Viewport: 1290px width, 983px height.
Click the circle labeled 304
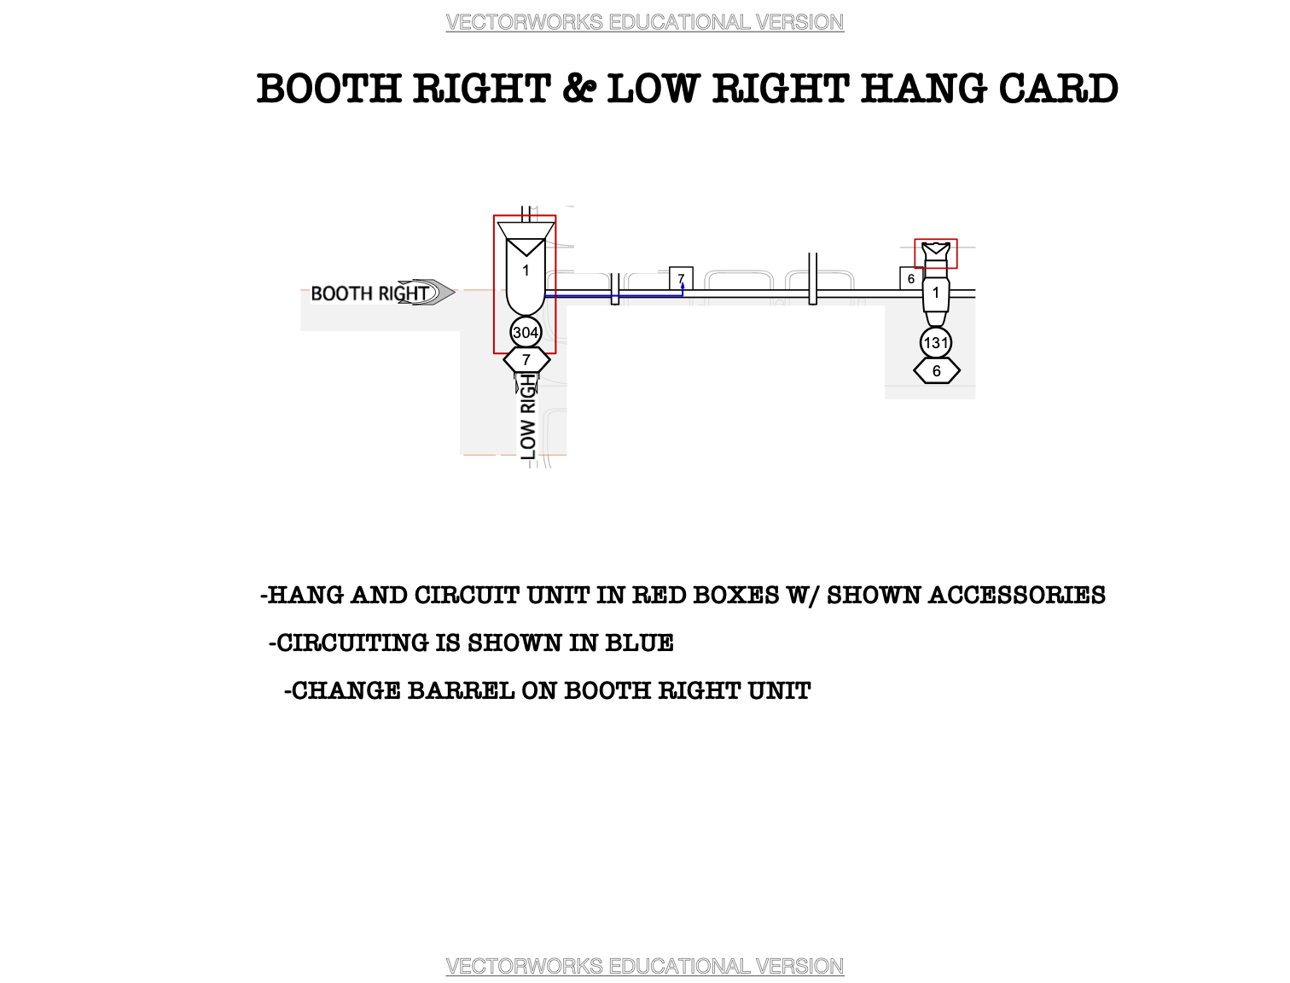(526, 333)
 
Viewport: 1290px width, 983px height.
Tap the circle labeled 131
(936, 343)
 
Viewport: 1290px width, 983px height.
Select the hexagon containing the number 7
(526, 360)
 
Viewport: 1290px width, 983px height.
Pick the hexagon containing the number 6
(937, 371)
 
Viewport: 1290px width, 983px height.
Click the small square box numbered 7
(681, 278)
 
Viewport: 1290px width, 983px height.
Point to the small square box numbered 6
(911, 278)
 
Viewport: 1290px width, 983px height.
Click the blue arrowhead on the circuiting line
(683, 287)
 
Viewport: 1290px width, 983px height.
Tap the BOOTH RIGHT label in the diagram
(369, 294)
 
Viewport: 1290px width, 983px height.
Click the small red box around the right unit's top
(936, 253)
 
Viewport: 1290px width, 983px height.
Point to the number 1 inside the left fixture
(526, 270)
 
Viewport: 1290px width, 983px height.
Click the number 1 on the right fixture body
(936, 293)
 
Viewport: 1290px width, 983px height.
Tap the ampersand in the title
(578, 89)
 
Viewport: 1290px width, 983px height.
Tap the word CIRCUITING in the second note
(353, 643)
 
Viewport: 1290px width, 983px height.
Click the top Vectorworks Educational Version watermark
(645, 22)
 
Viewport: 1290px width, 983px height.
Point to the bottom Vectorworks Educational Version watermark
(645, 966)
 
